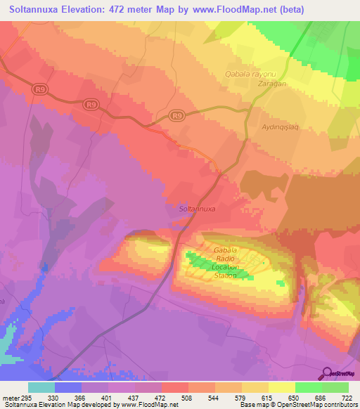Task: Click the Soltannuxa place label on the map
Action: (197, 209)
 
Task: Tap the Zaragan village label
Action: (252, 83)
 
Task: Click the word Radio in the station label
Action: (226, 259)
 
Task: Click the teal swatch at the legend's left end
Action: (41, 387)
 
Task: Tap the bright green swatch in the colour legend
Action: (309, 387)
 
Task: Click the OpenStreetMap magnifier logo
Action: (327, 372)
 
